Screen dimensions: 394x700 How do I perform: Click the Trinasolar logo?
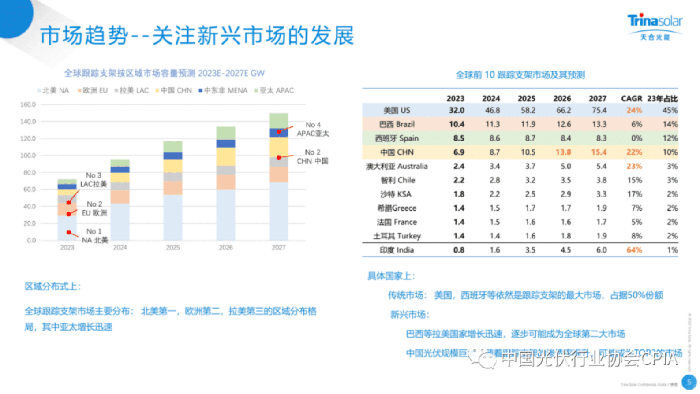655,26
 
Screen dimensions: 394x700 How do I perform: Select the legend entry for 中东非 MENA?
223,90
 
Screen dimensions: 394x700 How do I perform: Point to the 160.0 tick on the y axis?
28,104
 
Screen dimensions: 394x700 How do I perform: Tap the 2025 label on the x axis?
172,248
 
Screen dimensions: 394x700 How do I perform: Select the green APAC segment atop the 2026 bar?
225,133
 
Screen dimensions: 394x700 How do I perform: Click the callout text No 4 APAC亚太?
313,129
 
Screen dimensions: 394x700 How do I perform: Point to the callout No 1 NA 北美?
94,236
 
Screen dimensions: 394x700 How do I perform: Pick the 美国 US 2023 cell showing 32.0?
456,110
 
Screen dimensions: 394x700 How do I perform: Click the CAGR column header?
631,98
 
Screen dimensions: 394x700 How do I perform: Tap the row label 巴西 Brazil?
397,124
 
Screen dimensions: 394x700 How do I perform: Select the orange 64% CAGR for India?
634,250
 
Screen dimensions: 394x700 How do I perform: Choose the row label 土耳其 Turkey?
397,236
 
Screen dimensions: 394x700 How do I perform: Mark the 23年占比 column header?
662,98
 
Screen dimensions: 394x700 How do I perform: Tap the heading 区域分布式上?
53,286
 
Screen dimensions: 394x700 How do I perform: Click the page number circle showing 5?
689,382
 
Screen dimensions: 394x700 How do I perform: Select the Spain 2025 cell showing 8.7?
530,138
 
